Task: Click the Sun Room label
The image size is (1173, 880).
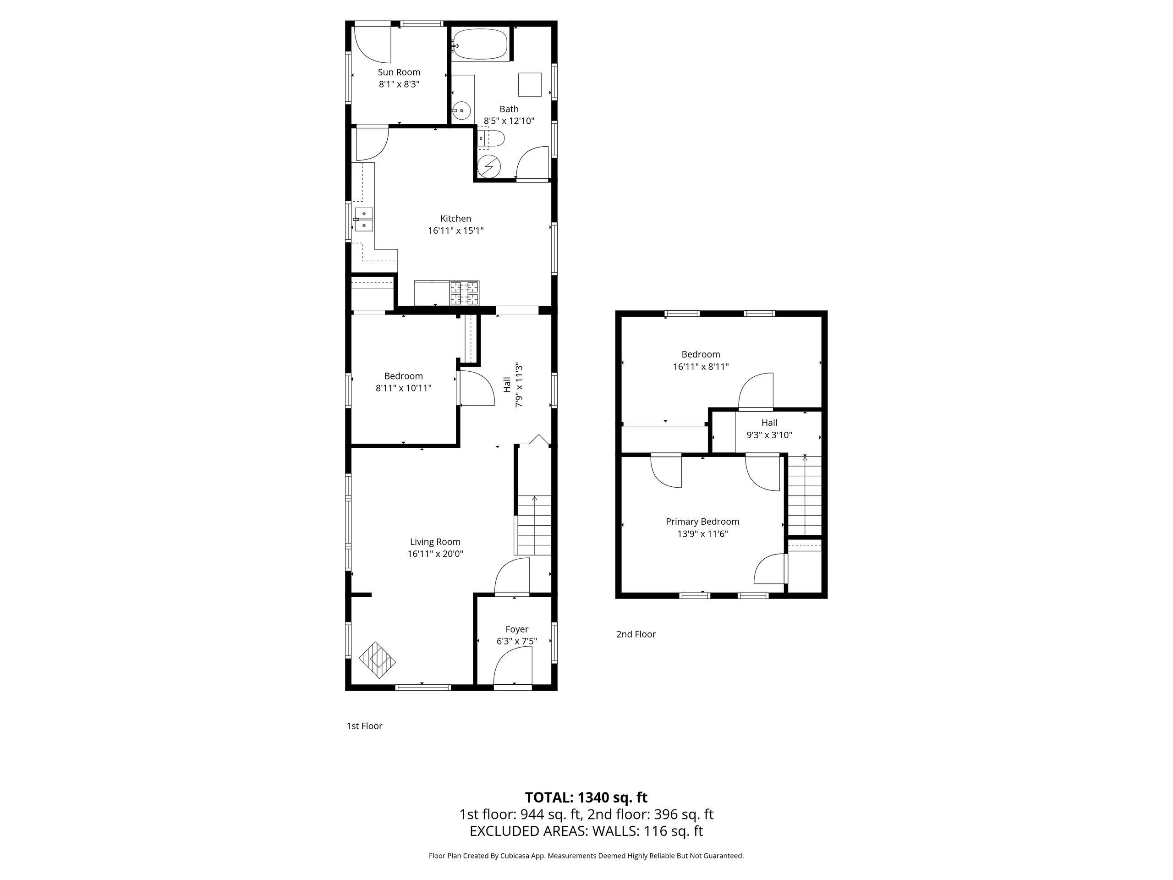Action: click(399, 72)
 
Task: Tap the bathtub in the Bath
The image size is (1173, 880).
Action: click(481, 44)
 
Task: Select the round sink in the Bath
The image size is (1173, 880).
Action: click(462, 111)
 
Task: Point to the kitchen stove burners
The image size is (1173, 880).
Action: click(465, 293)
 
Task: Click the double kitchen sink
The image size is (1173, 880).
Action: click(364, 220)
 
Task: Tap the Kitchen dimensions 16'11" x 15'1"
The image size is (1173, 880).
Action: click(455, 231)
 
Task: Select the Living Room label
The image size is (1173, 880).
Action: click(435, 542)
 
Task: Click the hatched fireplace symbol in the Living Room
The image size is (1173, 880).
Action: click(378, 660)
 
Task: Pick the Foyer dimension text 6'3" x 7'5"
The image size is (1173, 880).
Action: click(516, 641)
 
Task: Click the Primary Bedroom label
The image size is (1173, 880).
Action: click(702, 522)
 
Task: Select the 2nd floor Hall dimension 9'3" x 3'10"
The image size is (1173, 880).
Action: click(769, 435)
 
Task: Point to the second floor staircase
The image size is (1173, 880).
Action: click(805, 495)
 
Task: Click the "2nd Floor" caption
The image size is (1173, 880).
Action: click(636, 634)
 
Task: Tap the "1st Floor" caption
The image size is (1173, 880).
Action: click(364, 726)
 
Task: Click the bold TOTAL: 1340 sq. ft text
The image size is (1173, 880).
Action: click(586, 797)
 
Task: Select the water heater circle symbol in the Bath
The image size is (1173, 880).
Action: click(488, 166)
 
